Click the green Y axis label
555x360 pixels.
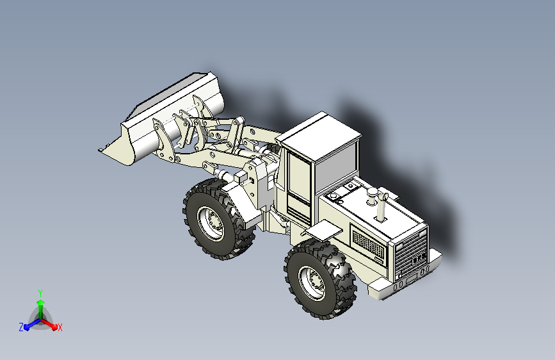click(40, 293)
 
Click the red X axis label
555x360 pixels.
click(60, 327)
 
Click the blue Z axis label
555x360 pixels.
click(21, 327)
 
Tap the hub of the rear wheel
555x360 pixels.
click(312, 282)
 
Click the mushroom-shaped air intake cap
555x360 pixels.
click(372, 195)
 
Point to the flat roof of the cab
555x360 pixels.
click(319, 136)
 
